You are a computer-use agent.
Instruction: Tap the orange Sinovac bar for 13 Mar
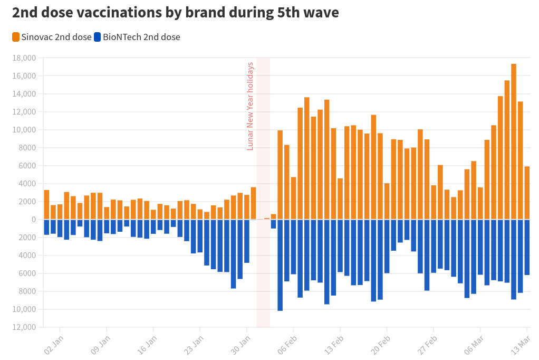[x=527, y=193]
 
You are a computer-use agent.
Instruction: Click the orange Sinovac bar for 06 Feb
[x=293, y=198]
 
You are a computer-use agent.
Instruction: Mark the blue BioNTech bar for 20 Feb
[x=387, y=246]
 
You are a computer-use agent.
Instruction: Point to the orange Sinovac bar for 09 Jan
[x=107, y=213]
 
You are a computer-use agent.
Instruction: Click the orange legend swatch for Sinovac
[x=16, y=37]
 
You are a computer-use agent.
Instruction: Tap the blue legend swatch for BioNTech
[x=98, y=37]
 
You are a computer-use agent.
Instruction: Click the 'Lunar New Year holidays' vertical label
[x=251, y=106]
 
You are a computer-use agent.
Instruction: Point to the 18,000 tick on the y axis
[x=25, y=58]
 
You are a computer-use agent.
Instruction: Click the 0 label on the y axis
[x=33, y=220]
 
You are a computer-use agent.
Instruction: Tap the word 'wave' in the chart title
[x=318, y=13]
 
